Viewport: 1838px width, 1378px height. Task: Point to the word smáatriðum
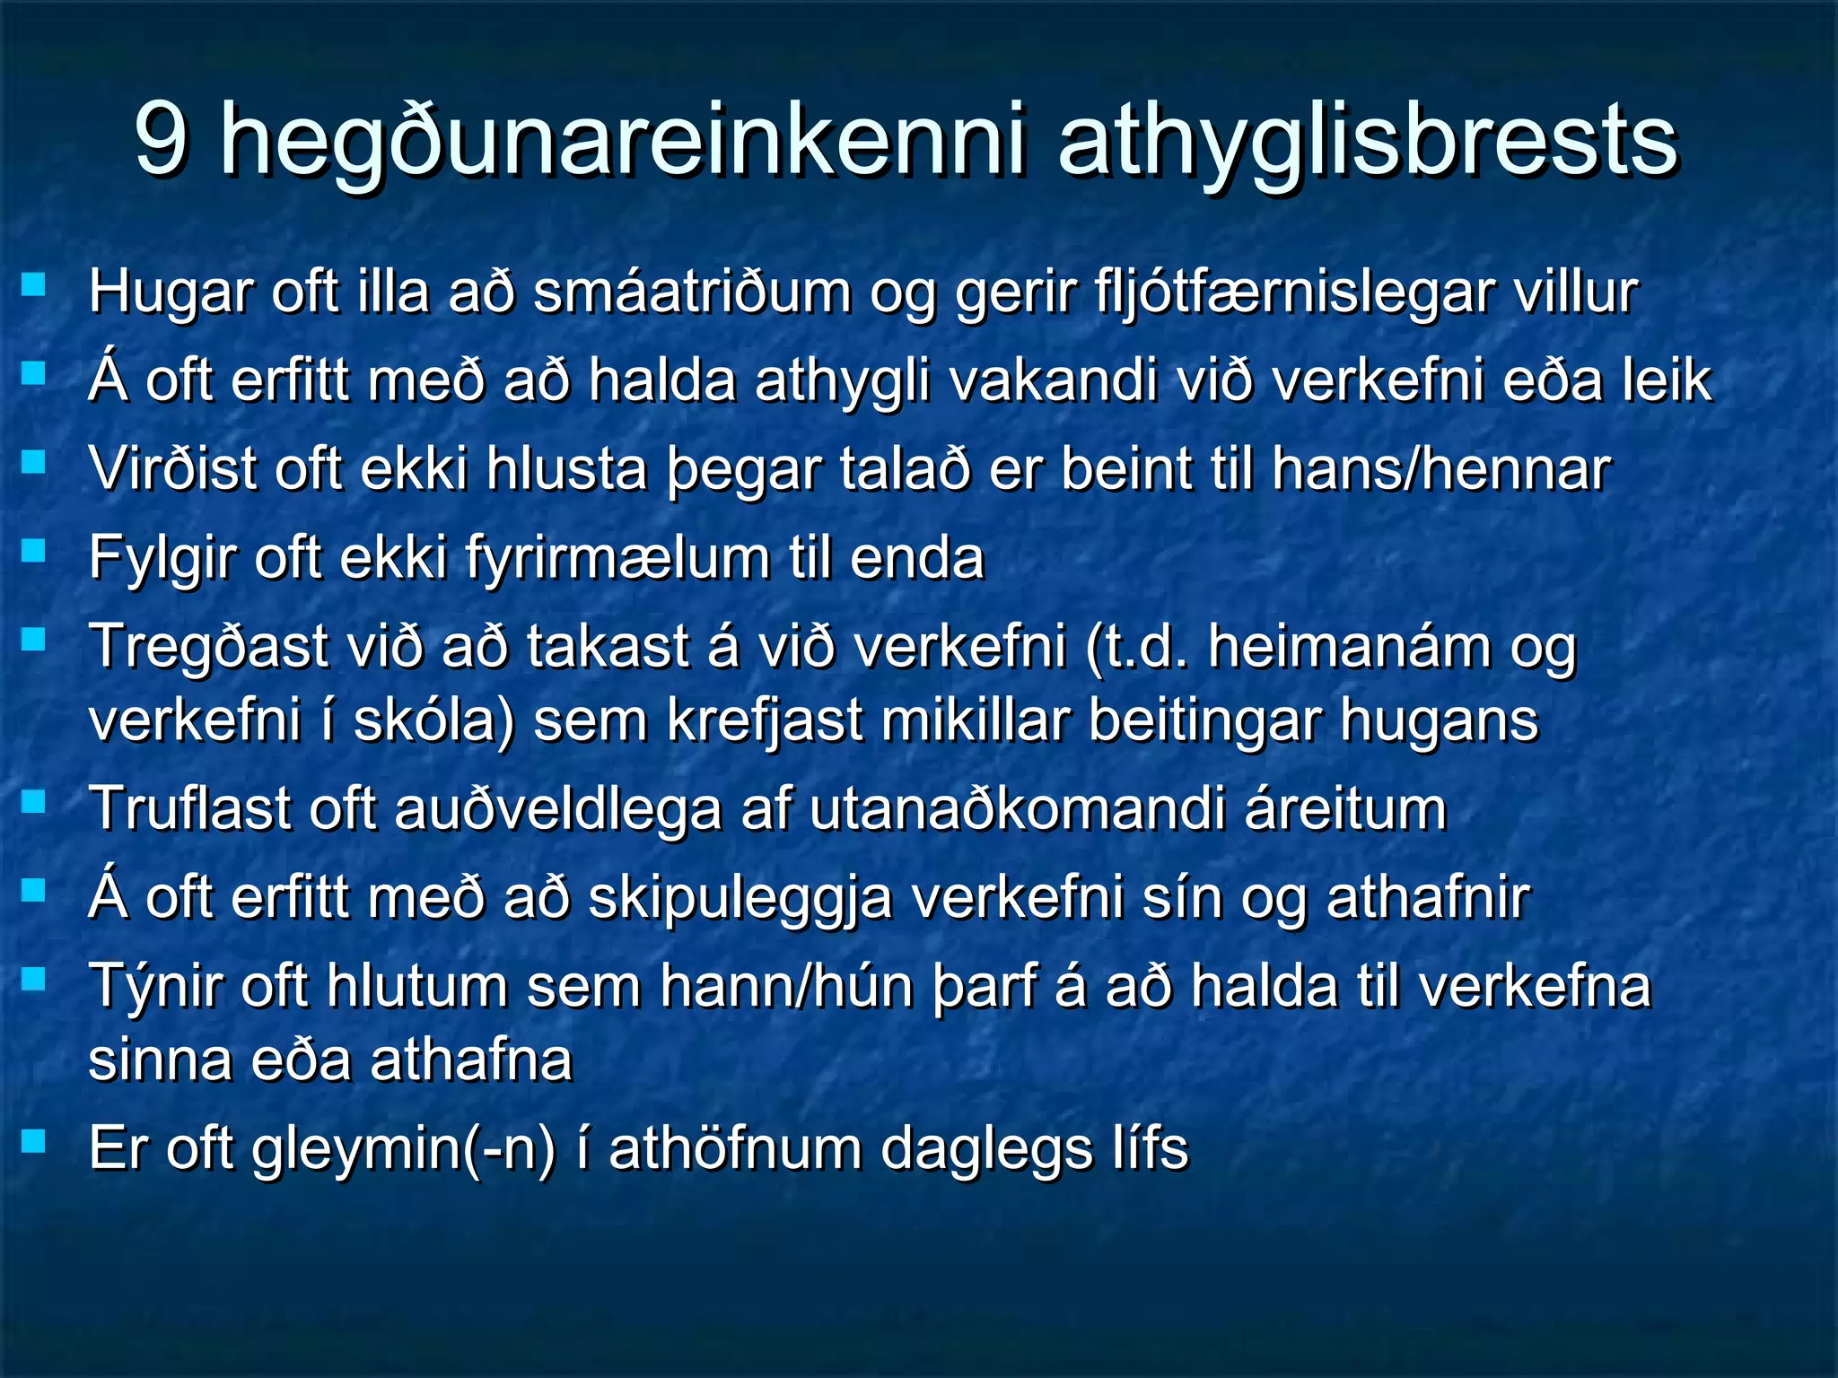tap(692, 293)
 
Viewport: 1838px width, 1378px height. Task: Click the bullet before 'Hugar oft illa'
tap(34, 285)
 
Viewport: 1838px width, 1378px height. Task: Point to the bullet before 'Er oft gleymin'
tap(34, 1140)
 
